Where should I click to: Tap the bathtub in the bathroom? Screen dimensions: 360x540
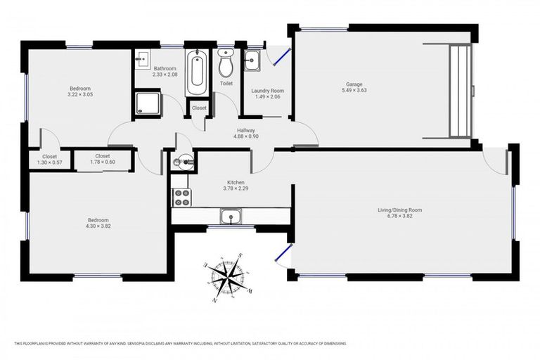tap(195, 74)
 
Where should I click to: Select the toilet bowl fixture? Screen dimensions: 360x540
tap(226, 65)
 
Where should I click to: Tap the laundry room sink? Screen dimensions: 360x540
tap(252, 61)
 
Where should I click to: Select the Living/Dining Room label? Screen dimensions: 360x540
tap(399, 210)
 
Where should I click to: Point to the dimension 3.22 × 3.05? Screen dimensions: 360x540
tap(80, 94)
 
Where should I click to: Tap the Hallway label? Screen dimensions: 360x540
tap(246, 129)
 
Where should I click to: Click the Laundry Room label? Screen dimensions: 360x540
tap(267, 90)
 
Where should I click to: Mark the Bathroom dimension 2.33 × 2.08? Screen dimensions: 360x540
tap(165, 75)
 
